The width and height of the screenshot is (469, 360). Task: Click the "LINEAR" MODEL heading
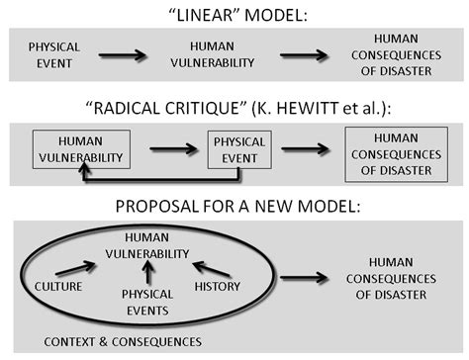tap(234, 14)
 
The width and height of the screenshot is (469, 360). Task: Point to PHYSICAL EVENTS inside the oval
tap(146, 303)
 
